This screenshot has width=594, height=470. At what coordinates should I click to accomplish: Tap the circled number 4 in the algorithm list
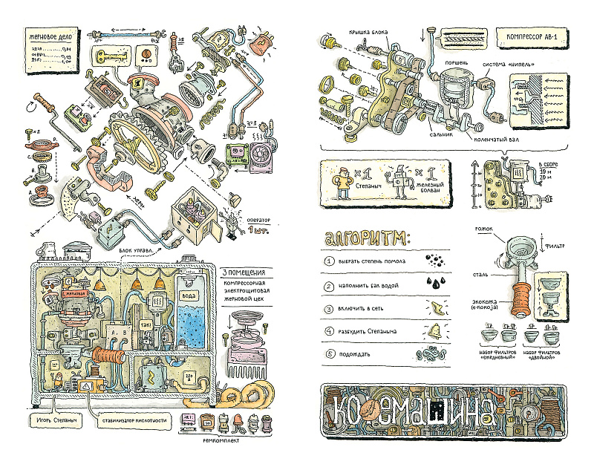click(330, 331)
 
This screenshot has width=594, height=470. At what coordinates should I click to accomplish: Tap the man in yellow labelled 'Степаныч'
click(343, 182)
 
